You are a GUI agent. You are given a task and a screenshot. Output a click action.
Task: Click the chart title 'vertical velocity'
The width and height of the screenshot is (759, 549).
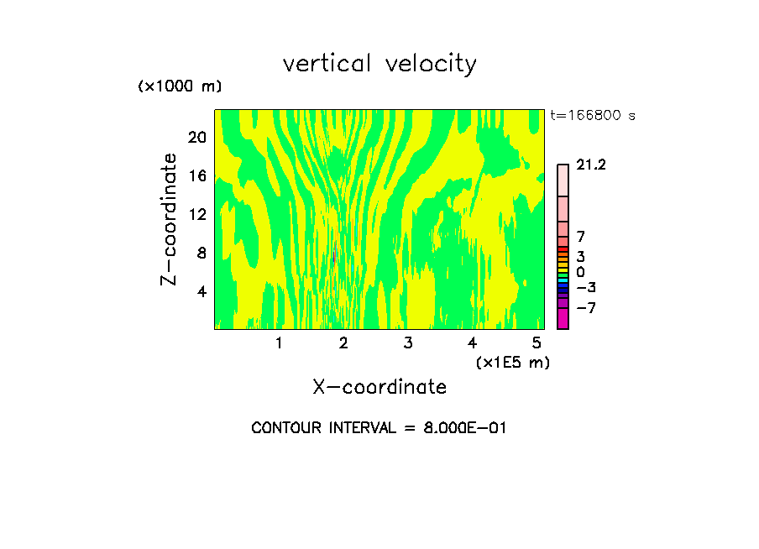pyautogui.click(x=379, y=64)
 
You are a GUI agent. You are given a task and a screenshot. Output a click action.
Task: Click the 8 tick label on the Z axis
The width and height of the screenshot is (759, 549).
pyautogui.click(x=202, y=253)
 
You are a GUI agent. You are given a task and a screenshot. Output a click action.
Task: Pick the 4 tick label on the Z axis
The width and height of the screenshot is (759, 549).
pyautogui.click(x=202, y=291)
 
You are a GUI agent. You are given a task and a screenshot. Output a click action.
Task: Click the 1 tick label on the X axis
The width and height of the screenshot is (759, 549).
pyautogui.click(x=279, y=343)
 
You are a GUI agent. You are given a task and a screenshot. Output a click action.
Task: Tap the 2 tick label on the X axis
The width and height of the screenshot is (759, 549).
pyautogui.click(x=343, y=343)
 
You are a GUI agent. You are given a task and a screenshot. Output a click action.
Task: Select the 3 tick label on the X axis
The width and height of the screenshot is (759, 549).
pyautogui.click(x=407, y=343)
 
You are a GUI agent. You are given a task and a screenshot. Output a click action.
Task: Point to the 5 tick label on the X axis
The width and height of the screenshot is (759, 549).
pyautogui.click(x=537, y=343)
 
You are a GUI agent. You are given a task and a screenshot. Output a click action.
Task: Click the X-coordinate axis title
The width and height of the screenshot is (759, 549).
pyautogui.click(x=379, y=387)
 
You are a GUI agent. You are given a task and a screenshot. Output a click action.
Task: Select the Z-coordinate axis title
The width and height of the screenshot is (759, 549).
pyautogui.click(x=170, y=219)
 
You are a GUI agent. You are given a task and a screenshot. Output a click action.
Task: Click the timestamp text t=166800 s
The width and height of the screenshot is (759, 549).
pyautogui.click(x=593, y=116)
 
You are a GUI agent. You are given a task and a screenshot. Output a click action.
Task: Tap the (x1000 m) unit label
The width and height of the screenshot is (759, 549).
pyautogui.click(x=180, y=86)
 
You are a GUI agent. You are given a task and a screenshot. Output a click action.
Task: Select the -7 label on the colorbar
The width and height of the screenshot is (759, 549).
pyautogui.click(x=586, y=308)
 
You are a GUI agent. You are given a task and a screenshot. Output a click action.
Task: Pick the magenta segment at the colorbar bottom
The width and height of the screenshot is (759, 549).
pyautogui.click(x=563, y=318)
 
